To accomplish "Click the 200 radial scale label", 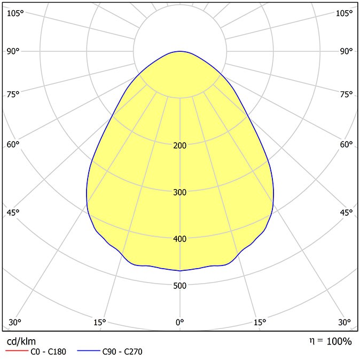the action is click(180, 145).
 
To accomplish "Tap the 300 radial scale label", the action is click(180, 192).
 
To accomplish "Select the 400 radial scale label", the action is click(180, 239).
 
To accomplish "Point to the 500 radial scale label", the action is click(180, 286).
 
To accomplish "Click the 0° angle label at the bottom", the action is click(180, 323).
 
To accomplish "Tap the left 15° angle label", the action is click(100, 323).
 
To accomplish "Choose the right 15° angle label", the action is click(260, 323).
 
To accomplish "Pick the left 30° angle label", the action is click(15, 323).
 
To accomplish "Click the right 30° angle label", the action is click(345, 323).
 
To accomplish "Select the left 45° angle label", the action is click(13, 213).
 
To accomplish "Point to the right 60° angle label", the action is click(346, 144).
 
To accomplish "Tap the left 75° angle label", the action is click(13, 94).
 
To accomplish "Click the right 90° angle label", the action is click(346, 51).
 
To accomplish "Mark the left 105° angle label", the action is click(15, 13).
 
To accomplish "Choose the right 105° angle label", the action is click(344, 13).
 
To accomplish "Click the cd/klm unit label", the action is click(21, 342).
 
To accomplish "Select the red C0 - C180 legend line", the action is click(17, 350).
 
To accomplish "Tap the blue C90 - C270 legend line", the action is click(89, 350).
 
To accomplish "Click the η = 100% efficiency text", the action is click(331, 341).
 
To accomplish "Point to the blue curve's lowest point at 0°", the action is click(180, 271).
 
